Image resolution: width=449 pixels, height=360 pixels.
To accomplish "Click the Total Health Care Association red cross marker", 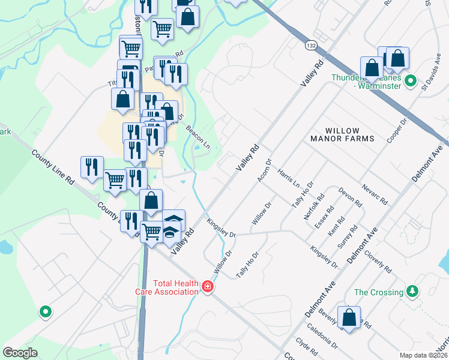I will tap(208, 287).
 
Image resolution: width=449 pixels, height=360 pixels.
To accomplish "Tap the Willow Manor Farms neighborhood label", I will tap(342, 134).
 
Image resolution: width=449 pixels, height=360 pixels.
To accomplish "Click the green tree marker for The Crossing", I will tap(412, 292).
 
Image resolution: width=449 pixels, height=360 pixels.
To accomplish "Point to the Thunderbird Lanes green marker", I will tap(411, 80).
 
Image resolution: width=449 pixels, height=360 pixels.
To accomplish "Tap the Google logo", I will tap(20, 352).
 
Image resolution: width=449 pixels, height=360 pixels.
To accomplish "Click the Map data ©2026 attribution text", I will tap(423, 355).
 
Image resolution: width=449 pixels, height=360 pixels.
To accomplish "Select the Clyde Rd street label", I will tap(306, 347).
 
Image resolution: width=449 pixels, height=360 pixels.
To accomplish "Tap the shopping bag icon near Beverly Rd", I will tap(348, 317).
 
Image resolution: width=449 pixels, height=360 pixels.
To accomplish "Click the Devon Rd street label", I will tap(350, 196).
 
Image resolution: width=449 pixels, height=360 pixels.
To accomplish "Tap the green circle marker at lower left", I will tap(44, 311).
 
